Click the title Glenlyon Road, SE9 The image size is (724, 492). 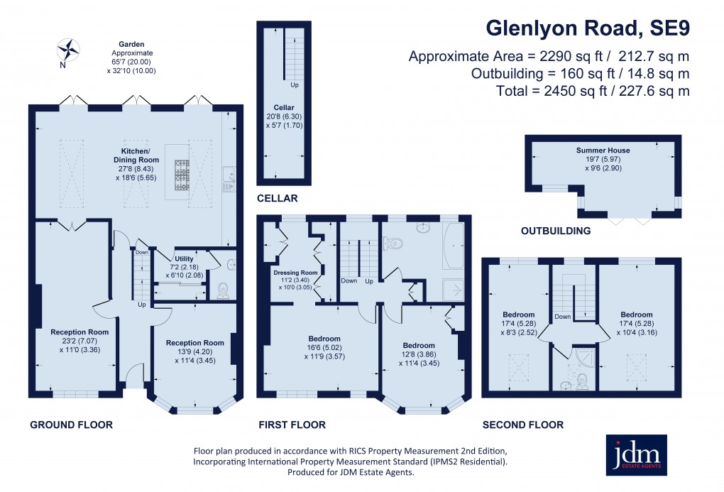(x=587, y=28)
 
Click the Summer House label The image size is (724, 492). (x=603, y=151)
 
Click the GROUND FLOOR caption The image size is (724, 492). (x=71, y=425)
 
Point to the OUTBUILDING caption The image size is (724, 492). (x=556, y=231)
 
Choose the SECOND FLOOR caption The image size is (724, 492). (x=522, y=425)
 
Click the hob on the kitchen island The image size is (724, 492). (x=182, y=173)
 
